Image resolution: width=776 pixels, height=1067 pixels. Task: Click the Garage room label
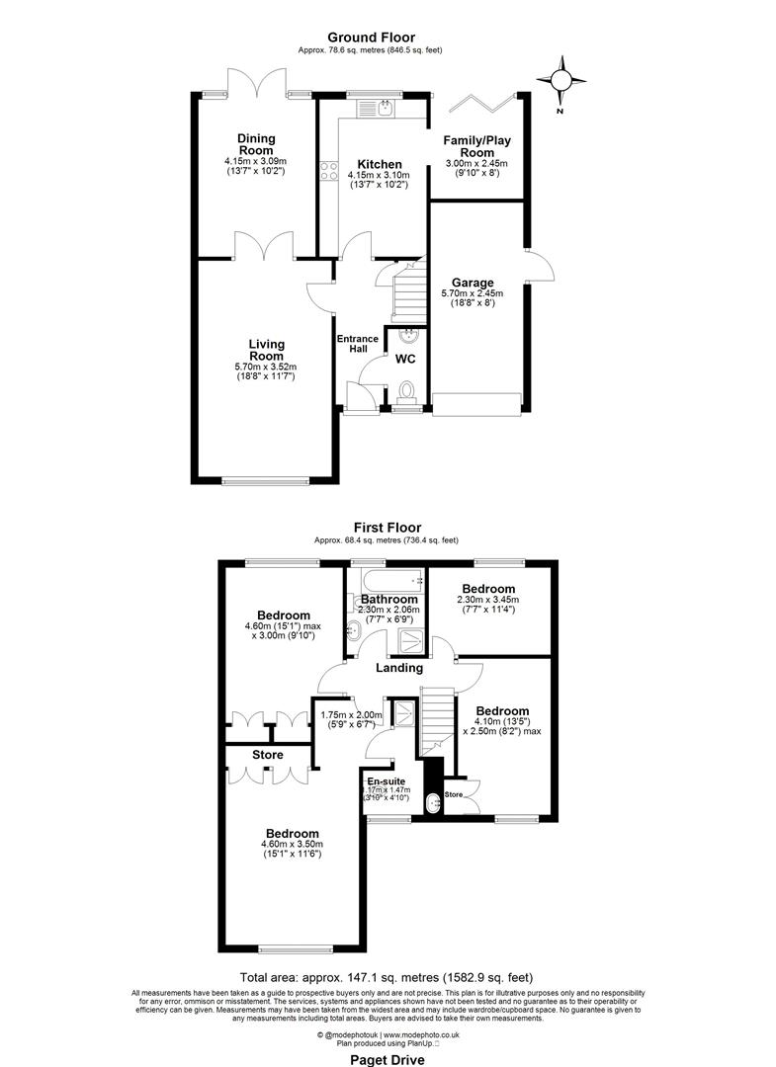(472, 283)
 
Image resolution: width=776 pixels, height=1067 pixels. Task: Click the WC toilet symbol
(405, 393)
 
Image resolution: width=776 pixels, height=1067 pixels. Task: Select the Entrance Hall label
(357, 345)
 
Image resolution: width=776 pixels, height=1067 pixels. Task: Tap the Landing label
(398, 668)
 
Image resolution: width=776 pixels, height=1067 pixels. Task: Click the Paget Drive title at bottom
(388, 1059)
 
